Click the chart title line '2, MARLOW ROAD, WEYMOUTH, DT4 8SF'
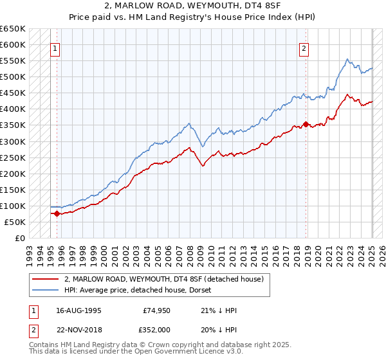(193, 6)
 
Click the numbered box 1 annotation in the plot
(55, 48)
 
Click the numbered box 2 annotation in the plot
(304, 48)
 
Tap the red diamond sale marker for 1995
(57, 213)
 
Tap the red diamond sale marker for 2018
(306, 125)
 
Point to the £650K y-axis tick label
(14, 29)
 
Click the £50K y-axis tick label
(15, 222)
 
